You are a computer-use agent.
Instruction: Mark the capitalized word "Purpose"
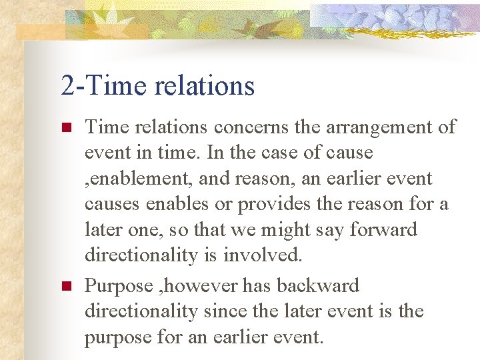119,286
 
